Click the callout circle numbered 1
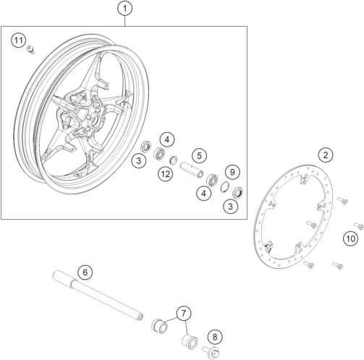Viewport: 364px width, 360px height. (124, 9)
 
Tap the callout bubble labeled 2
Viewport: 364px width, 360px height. (326, 155)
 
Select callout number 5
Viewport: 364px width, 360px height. (199, 155)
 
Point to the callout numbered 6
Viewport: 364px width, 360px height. (85, 273)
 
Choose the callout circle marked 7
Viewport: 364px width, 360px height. (184, 314)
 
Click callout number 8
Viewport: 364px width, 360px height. (215, 337)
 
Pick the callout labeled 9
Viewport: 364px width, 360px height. (232, 172)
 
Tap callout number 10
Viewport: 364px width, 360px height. (351, 239)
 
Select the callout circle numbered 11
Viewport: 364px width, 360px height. (19, 40)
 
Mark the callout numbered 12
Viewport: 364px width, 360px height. (166, 174)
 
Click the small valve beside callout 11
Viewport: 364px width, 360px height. (30, 49)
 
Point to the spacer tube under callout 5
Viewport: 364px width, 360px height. (192, 170)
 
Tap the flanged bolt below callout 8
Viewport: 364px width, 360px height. (211, 351)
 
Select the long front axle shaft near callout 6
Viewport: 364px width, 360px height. (98, 296)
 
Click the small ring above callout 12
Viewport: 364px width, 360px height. (173, 160)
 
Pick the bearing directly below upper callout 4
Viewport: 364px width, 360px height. (160, 153)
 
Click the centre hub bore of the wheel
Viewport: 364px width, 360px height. (97, 121)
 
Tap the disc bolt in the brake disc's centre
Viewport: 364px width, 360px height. (312, 225)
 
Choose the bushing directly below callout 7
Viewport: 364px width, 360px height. (190, 341)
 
